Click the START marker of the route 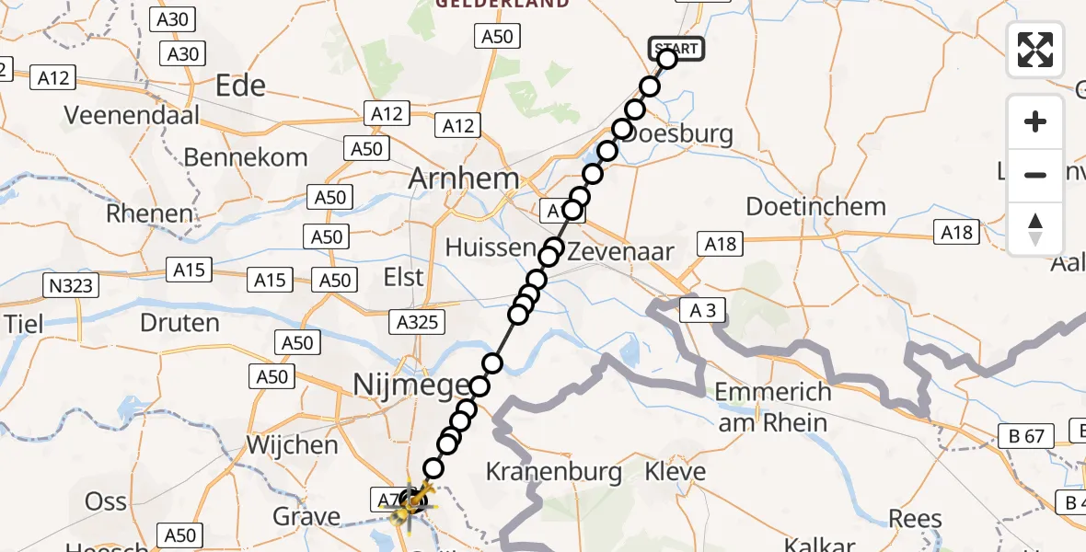pyautogui.click(x=676, y=48)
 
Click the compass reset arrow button pyautogui.click(x=1035, y=229)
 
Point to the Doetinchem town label pyautogui.click(x=815, y=206)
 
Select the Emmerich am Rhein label pyautogui.click(x=773, y=407)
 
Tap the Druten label pyautogui.click(x=179, y=323)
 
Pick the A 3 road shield pyautogui.click(x=702, y=310)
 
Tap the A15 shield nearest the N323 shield pyautogui.click(x=189, y=270)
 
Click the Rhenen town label pyautogui.click(x=150, y=213)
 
